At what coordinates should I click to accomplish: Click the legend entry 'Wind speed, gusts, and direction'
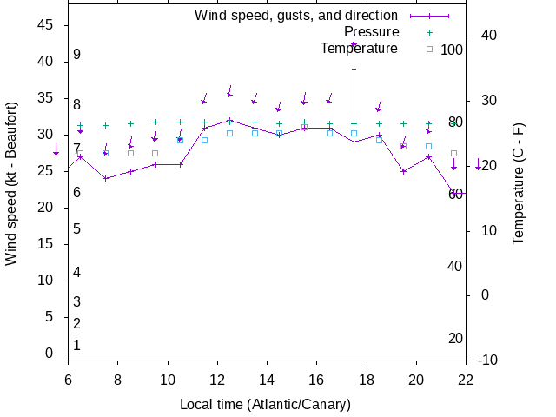click(295, 16)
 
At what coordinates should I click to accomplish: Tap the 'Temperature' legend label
click(359, 49)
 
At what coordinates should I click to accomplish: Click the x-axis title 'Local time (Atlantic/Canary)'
click(265, 405)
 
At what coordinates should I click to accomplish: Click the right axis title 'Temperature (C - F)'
click(519, 183)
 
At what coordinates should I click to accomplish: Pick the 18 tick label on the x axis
click(367, 379)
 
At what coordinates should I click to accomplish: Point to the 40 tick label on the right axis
click(488, 36)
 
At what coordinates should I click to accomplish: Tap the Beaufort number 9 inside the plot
click(76, 55)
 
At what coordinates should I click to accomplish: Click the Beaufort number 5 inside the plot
click(76, 229)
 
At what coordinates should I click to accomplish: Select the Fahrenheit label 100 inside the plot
click(452, 50)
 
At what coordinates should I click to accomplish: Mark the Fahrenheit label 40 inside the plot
click(454, 266)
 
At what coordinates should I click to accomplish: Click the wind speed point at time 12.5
click(229, 120)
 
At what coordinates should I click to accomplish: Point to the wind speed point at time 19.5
click(404, 171)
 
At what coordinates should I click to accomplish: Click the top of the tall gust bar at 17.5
click(354, 69)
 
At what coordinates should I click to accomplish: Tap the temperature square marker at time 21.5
click(453, 154)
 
